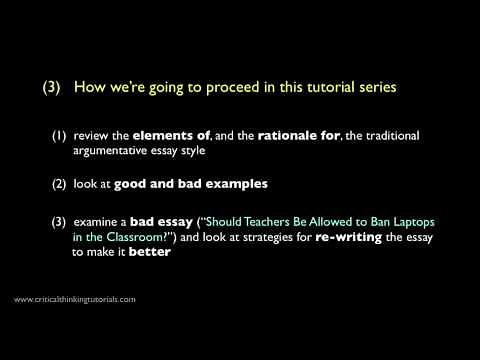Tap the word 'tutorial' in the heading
click(320, 88)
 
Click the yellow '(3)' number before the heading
click(53, 88)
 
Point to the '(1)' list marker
click(60, 135)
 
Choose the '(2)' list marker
click(60, 183)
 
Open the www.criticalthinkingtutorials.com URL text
click(75, 299)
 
